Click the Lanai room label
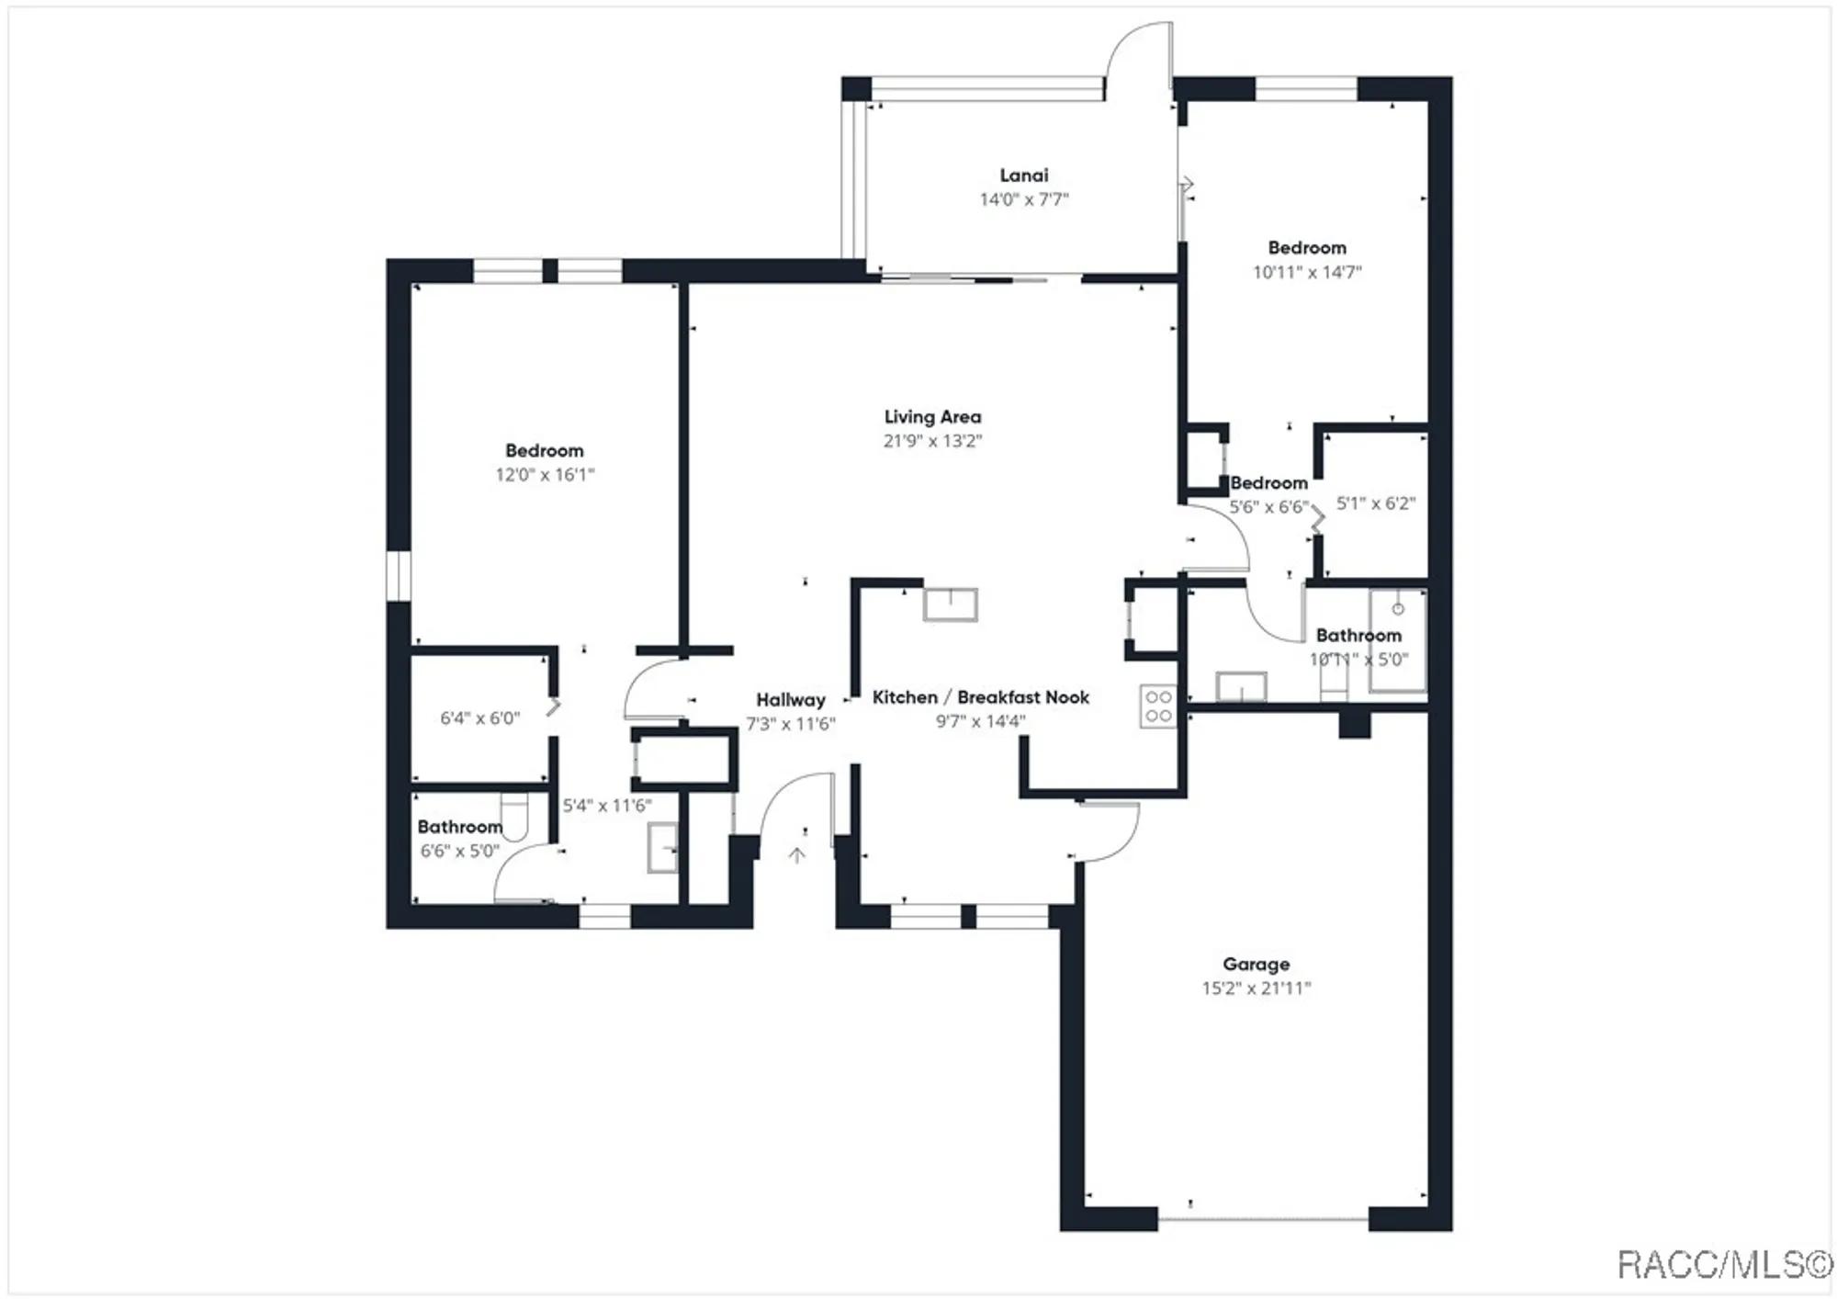(x=1023, y=175)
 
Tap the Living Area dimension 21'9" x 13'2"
(x=932, y=441)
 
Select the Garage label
(x=1256, y=964)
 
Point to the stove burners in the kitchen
(x=1158, y=706)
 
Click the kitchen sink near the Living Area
(x=950, y=605)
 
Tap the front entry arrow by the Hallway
(x=796, y=855)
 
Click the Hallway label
(x=790, y=700)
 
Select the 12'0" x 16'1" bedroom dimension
(x=545, y=475)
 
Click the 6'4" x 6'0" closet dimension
(x=479, y=718)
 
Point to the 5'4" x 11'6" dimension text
(x=606, y=806)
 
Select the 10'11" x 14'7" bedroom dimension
(x=1306, y=272)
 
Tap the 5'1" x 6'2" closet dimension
(x=1375, y=503)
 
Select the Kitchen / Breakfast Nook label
(x=980, y=697)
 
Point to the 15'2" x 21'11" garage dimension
(x=1256, y=988)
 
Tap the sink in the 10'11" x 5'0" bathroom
(x=1241, y=686)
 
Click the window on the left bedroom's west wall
(x=398, y=576)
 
